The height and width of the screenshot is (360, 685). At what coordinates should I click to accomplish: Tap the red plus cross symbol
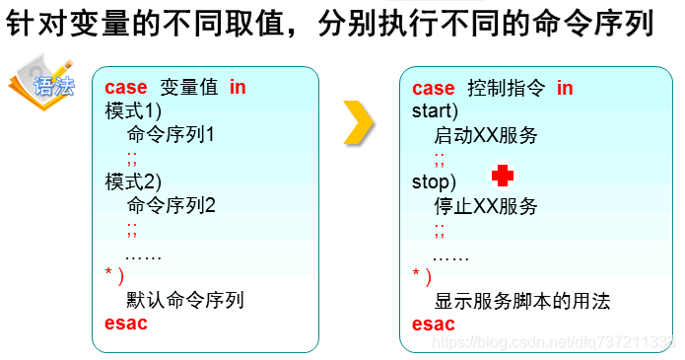coord(503,176)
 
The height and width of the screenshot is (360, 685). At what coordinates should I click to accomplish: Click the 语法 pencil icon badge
coord(41,85)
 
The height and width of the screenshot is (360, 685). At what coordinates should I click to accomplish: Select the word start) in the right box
coord(436,111)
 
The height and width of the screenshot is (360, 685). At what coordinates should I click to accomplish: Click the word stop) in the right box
coord(435,182)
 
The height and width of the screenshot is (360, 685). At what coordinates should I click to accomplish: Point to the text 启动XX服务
coord(486,135)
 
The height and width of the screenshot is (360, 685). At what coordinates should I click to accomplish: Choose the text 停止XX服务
coord(486,206)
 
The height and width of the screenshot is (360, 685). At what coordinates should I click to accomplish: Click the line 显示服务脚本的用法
coord(522,301)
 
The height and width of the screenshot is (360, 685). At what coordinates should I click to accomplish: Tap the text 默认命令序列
coord(185,300)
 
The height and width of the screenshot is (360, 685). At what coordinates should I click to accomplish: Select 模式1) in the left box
coord(133,110)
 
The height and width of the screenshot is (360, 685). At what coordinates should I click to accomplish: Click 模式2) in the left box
coord(133,181)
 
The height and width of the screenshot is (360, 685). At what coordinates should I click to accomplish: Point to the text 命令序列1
coord(171,134)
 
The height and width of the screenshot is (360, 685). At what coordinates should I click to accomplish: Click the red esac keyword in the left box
coord(125,324)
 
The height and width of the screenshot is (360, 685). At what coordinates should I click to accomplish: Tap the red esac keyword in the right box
coord(434,324)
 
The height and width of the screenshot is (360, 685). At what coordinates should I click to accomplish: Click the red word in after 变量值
coord(238,87)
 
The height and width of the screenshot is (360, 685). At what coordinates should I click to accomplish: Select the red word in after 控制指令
coord(565,88)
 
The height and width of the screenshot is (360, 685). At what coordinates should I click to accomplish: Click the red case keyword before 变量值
coord(125,87)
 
